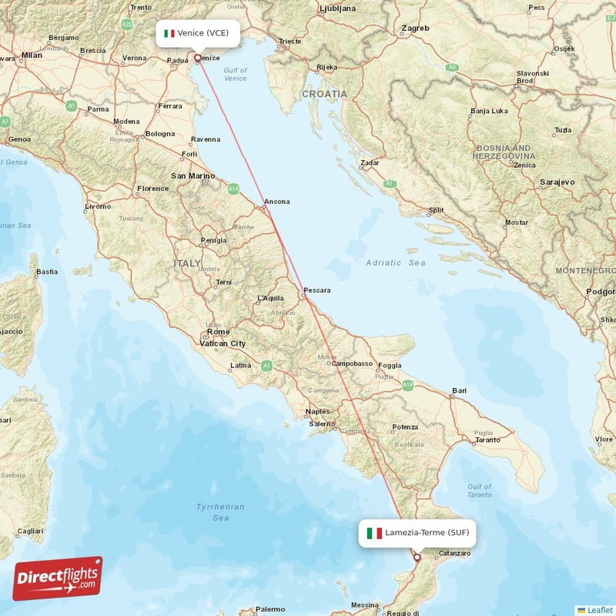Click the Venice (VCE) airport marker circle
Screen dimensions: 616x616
[197, 57]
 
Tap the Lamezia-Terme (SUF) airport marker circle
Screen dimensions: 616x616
[417, 557]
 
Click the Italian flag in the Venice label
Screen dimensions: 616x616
[169, 33]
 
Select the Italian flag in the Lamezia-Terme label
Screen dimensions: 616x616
[374, 533]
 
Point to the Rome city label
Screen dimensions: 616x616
[218, 332]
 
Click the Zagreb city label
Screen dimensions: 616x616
[415, 28]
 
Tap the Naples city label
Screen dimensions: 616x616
[317, 412]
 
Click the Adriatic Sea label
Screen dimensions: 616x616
[396, 263]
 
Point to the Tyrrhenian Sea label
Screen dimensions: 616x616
[220, 512]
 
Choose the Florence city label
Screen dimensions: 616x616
[152, 189]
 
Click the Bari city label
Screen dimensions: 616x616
[460, 391]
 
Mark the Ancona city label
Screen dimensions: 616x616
[277, 202]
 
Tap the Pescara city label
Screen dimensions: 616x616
[317, 290]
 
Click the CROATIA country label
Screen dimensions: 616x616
[324, 93]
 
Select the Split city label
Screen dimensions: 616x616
[437, 209]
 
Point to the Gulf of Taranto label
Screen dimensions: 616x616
[479, 492]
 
